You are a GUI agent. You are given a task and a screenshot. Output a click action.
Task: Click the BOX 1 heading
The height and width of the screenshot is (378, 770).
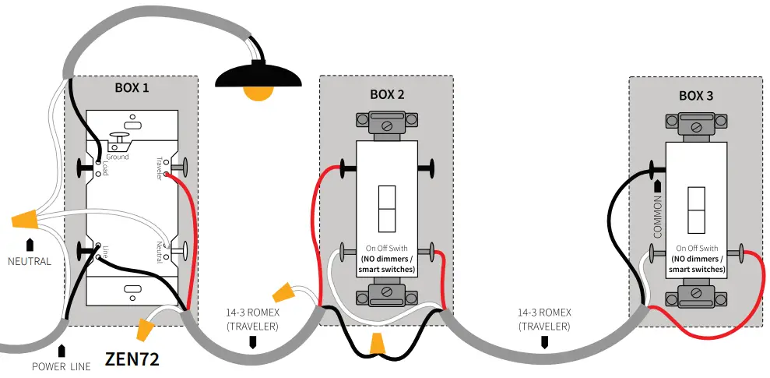132,87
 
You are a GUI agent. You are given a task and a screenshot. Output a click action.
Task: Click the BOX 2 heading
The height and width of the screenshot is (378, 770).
386,94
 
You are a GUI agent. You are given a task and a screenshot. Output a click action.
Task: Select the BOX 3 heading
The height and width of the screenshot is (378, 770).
696,96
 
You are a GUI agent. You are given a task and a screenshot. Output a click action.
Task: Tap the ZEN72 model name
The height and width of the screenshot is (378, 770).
132,361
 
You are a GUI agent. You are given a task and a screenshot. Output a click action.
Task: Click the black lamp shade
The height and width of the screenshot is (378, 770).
259,76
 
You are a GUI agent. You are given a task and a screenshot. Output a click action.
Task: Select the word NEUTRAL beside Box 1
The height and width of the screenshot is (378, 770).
29,261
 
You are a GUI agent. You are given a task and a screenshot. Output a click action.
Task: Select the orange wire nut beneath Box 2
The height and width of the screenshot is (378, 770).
378,343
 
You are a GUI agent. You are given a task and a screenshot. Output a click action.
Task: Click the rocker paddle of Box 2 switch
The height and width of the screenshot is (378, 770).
387,209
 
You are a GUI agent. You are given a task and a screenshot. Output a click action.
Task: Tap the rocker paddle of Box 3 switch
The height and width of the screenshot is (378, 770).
696,210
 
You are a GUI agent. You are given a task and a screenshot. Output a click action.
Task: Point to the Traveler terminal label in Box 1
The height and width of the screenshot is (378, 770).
158,167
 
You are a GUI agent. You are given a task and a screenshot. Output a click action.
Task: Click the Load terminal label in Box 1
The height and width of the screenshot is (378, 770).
104,168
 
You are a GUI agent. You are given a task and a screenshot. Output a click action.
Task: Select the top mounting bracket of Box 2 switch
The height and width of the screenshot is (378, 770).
387,121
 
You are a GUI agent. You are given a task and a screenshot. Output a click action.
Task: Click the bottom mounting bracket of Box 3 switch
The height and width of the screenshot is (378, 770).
696,297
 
